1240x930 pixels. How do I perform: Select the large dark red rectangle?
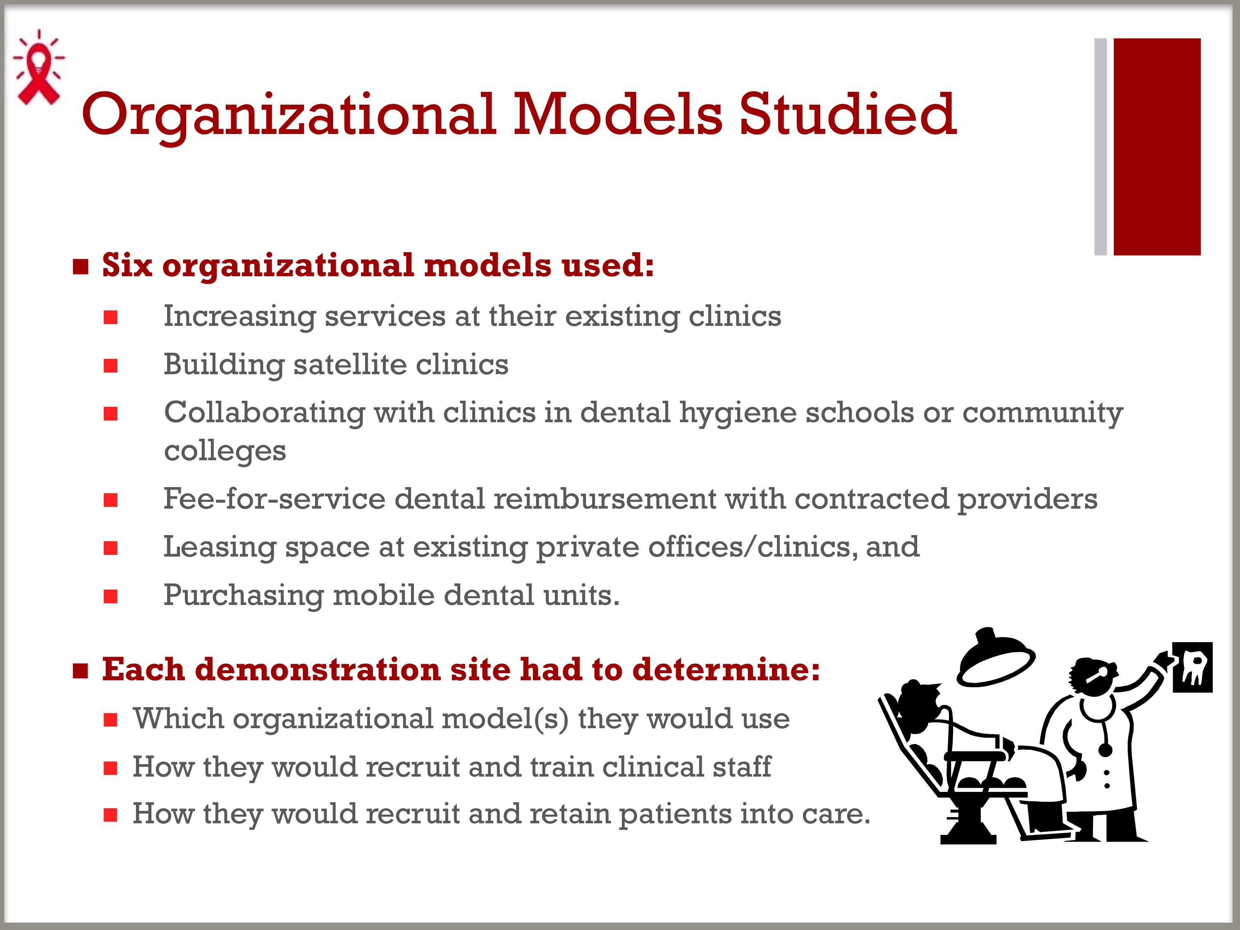1157,147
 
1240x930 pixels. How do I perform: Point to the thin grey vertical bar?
1100,147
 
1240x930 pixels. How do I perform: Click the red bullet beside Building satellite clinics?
110,366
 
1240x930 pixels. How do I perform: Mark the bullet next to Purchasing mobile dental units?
110,596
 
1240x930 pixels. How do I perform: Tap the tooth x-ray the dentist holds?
1192,667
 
